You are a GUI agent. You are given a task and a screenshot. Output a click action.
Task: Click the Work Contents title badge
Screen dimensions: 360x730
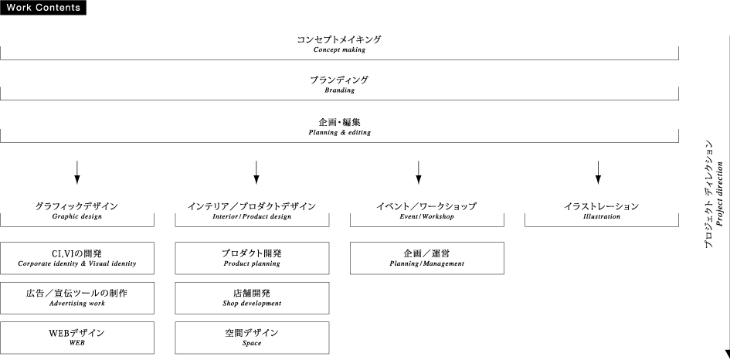tap(43, 8)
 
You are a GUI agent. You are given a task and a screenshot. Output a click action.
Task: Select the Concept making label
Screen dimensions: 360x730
tap(339, 43)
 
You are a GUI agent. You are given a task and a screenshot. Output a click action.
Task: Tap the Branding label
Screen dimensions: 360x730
tap(339, 84)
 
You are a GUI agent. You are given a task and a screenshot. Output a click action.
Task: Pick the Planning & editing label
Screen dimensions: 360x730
tap(339, 126)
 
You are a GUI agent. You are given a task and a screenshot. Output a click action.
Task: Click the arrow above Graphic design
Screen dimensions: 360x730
tap(76, 172)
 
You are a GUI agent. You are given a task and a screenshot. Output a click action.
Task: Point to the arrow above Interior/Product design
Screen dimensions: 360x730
tap(256, 172)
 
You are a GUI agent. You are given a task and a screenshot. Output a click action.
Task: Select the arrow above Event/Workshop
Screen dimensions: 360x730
tap(418, 172)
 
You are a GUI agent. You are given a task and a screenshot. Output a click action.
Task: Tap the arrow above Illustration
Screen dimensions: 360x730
tap(598, 172)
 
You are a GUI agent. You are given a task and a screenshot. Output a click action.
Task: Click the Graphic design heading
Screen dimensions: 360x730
tap(76, 211)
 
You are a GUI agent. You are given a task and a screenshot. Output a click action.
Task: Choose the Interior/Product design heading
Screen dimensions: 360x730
tap(252, 211)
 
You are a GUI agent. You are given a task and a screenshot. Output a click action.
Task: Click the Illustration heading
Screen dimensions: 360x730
tap(601, 211)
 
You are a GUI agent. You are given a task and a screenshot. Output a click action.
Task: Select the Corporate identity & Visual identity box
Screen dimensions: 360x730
tap(76, 258)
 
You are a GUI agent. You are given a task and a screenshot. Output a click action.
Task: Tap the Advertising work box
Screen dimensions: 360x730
tap(76, 297)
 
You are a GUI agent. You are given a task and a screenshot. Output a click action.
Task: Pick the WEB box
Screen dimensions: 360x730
tap(76, 337)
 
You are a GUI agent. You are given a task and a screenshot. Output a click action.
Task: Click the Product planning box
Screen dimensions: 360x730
tap(252, 258)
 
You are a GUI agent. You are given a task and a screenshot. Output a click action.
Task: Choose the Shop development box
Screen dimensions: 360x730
tap(252, 297)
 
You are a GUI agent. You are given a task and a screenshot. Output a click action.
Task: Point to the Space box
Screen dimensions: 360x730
tap(252, 337)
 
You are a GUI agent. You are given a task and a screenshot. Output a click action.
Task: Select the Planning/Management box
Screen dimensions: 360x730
tap(426, 258)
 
